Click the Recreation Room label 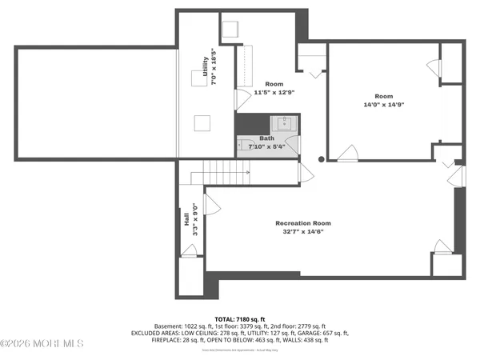coord(302,223)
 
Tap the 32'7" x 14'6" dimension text coord(302,232)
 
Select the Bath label coord(266,138)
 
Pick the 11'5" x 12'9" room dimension coord(274,93)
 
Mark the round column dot coord(322,159)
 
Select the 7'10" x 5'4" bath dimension coord(266,146)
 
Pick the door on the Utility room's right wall coord(242,99)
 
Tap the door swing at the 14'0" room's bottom coord(347,152)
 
